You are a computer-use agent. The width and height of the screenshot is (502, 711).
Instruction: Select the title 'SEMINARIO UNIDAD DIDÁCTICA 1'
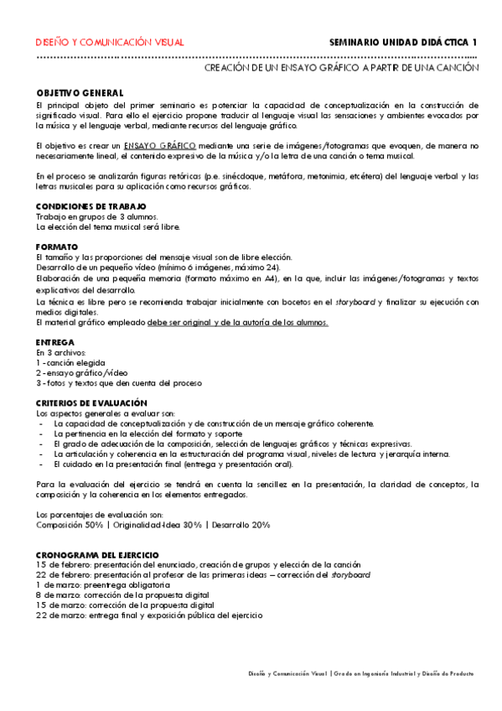pyautogui.click(x=403, y=42)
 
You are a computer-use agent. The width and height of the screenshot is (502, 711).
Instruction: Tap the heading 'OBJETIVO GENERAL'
pyautogui.click(x=80, y=92)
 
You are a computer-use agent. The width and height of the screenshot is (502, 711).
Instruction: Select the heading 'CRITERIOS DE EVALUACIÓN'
pyautogui.click(x=91, y=403)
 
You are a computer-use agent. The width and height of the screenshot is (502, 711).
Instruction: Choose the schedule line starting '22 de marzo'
pyautogui.click(x=149, y=615)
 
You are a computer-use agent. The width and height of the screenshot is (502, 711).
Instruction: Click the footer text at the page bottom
pyautogui.click(x=360, y=673)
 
